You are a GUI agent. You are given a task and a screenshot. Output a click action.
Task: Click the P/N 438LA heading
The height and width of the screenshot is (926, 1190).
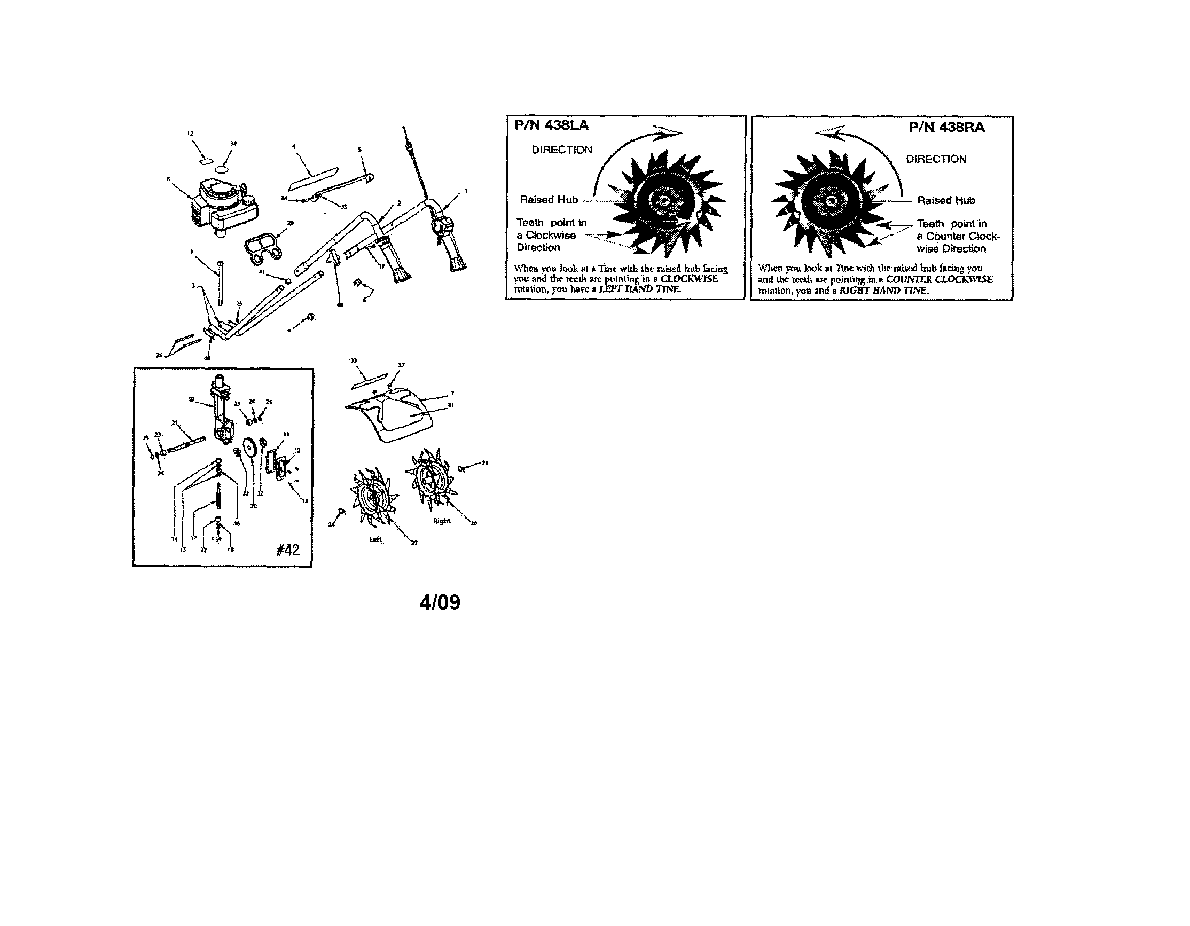click(551, 126)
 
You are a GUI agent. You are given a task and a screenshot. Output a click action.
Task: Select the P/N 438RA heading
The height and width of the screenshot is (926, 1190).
click(946, 128)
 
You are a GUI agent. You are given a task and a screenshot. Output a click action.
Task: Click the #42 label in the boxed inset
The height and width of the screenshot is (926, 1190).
click(288, 550)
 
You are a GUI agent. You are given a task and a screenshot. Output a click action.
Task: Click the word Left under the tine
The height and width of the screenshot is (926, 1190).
click(376, 540)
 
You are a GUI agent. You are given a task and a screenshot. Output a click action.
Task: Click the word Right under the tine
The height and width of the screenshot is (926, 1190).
click(441, 521)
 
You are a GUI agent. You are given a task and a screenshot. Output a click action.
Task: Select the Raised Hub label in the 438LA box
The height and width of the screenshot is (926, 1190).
click(549, 200)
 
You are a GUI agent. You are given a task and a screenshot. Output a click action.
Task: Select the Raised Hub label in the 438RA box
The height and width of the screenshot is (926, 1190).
click(946, 200)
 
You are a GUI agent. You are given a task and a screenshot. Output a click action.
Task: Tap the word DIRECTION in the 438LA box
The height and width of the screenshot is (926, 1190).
click(562, 150)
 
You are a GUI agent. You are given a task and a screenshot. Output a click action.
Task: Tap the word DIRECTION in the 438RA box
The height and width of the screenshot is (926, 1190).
click(936, 159)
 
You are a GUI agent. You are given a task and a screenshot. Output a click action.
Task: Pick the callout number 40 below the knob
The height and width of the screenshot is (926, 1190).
click(340, 305)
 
